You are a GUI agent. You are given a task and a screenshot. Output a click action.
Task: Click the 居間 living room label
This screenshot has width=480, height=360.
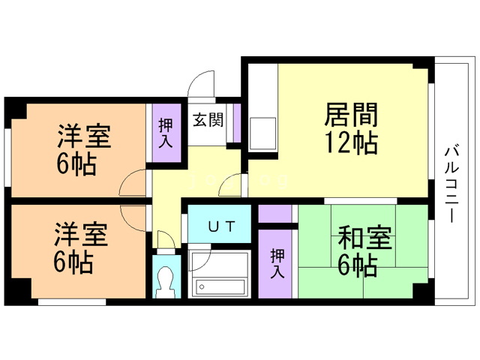tap(350, 115)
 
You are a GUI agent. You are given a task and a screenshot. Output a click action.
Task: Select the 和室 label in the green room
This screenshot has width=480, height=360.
tap(364, 239)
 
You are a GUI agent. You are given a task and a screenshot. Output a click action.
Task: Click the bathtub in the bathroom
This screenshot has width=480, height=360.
tap(220, 286)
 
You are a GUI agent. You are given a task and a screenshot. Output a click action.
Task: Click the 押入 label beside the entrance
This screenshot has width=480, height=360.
tap(166, 133)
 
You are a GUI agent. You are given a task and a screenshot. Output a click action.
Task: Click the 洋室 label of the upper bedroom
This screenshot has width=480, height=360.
tap(85, 138)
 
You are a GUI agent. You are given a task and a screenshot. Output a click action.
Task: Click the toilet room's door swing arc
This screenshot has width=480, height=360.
tap(166, 241)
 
